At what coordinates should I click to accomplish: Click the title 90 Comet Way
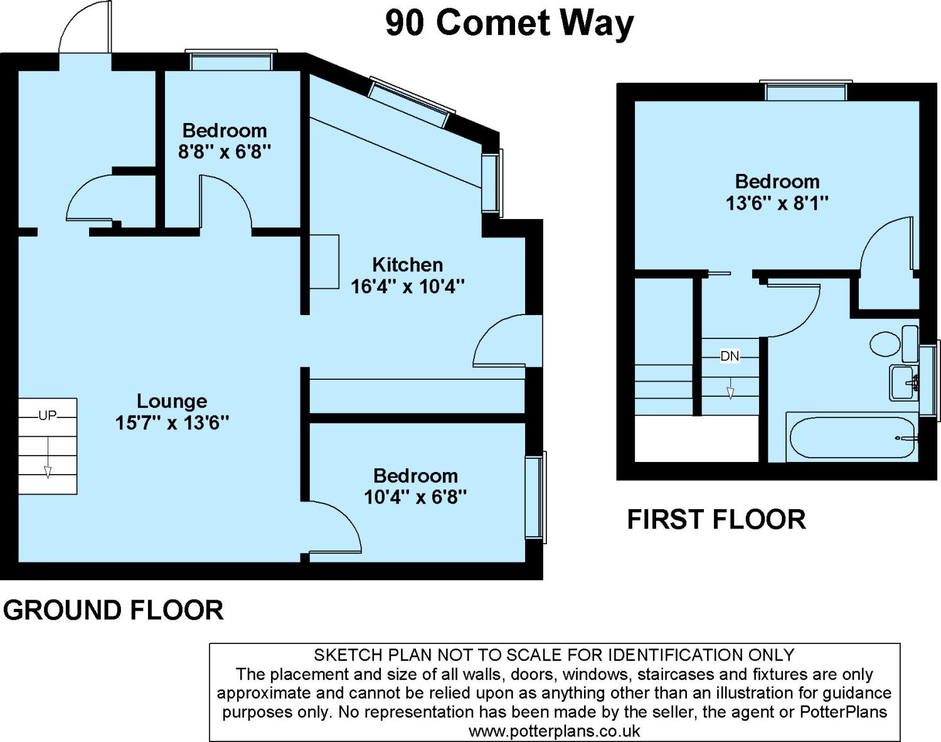coord(509,24)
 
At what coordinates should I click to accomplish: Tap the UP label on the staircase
coord(48,415)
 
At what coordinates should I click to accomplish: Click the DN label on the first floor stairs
coord(730,356)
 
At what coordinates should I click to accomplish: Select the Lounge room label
coord(172,401)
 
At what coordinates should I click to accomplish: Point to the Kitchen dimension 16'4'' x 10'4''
coord(408,286)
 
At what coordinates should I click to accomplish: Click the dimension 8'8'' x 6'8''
coord(225,152)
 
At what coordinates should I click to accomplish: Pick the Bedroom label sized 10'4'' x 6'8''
coord(415,476)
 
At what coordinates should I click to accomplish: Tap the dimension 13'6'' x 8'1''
coord(777,203)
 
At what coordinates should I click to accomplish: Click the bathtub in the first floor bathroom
coord(852,437)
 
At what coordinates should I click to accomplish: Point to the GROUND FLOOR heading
coord(114,610)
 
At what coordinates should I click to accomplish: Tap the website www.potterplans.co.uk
coord(554,731)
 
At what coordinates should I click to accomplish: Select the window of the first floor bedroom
coord(806,90)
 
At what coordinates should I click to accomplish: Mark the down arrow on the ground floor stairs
coord(48,458)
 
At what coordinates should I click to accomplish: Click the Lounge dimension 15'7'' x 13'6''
coord(172,423)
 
